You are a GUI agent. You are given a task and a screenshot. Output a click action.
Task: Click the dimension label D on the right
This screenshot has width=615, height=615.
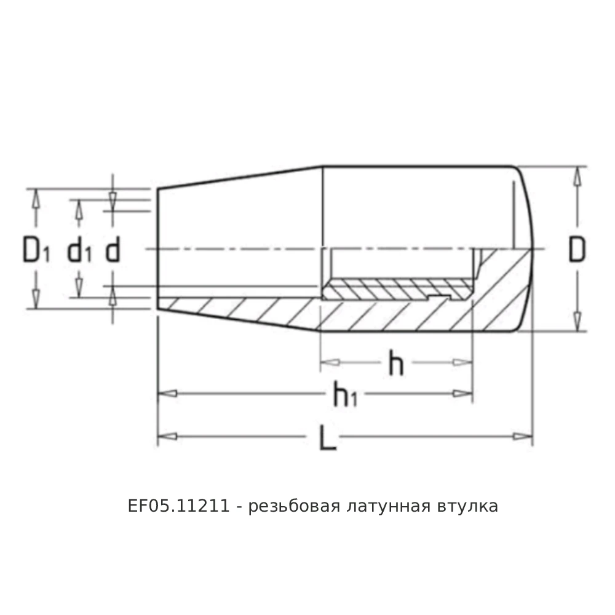coord(576,249)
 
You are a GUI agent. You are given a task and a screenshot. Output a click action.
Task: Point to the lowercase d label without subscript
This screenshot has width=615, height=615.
coord(113,250)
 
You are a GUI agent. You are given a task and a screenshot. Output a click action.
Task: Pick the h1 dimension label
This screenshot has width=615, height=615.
coord(344,395)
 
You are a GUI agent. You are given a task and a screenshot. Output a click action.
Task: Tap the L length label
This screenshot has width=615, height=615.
coord(328,437)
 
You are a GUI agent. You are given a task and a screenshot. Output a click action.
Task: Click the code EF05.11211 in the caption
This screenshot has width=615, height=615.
coord(179,507)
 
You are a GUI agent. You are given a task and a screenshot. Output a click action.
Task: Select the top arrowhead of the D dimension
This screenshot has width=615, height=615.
coord(577,176)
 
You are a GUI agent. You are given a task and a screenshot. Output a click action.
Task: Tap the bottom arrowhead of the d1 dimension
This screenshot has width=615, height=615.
coord(78,287)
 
